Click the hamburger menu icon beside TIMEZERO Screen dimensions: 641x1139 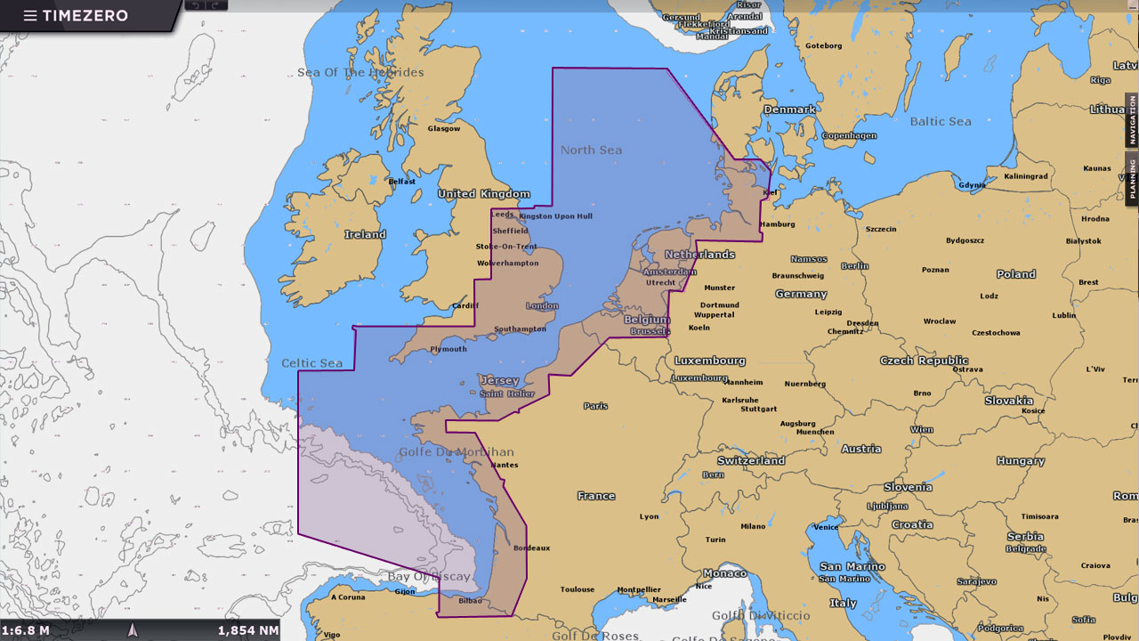(x=30, y=16)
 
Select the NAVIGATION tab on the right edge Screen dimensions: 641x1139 (x=1132, y=120)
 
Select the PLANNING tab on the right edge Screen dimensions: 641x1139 (x=1132, y=178)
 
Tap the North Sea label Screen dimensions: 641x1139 (x=591, y=150)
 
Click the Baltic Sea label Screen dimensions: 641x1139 (x=941, y=121)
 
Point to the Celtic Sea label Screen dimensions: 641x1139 (x=312, y=363)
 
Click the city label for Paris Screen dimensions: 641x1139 (x=595, y=406)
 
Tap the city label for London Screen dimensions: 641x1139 (x=542, y=306)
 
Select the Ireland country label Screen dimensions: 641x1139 (x=365, y=234)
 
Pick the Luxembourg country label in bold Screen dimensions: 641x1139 (x=709, y=361)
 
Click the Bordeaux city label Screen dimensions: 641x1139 (x=531, y=548)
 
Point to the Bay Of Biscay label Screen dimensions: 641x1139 (x=429, y=576)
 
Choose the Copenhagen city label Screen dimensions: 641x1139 (x=849, y=136)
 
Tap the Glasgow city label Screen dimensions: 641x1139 (x=443, y=128)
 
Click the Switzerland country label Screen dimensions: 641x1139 (x=751, y=460)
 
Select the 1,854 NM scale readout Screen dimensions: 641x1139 (x=248, y=630)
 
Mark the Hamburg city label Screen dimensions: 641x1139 (x=777, y=224)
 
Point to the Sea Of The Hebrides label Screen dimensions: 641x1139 (x=360, y=72)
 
